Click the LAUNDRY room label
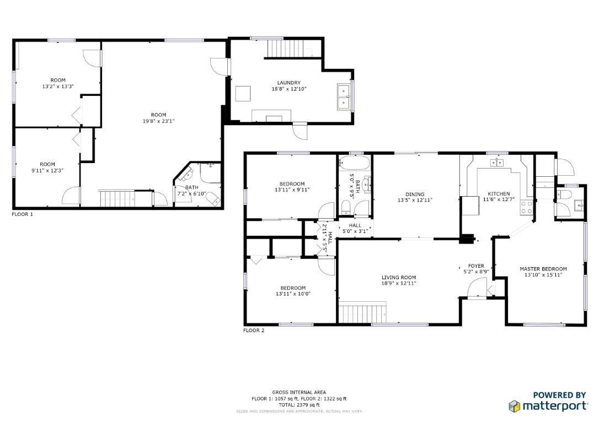click(289, 83)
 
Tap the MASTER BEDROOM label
click(543, 269)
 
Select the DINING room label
click(415, 194)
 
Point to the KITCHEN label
click(499, 194)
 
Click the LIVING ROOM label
click(399, 277)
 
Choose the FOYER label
click(476, 266)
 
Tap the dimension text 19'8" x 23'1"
click(158, 121)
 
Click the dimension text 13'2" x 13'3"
click(58, 86)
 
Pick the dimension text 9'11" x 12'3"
click(47, 171)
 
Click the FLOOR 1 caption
click(22, 214)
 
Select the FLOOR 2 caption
click(254, 330)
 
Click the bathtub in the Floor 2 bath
click(355, 163)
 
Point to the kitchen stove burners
click(526, 207)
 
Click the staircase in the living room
click(362, 313)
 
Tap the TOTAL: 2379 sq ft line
click(299, 405)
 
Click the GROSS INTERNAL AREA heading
click(299, 392)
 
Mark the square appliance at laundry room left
click(243, 94)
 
